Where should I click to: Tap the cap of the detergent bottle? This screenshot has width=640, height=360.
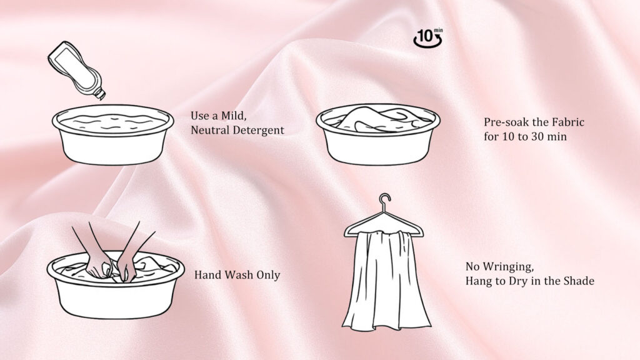click(x=99, y=94)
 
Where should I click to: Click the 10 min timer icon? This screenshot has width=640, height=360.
click(x=427, y=38)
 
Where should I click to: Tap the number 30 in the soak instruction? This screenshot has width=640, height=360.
click(x=537, y=137)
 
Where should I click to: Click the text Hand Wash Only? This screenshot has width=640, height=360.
click(x=237, y=275)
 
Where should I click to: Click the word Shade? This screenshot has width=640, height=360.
click(x=579, y=282)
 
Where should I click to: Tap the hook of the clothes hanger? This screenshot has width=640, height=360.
click(x=384, y=201)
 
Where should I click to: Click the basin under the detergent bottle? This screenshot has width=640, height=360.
click(x=112, y=141)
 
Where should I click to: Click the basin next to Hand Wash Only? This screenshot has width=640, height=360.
click(x=116, y=287)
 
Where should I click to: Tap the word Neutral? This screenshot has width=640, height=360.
click(x=212, y=131)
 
